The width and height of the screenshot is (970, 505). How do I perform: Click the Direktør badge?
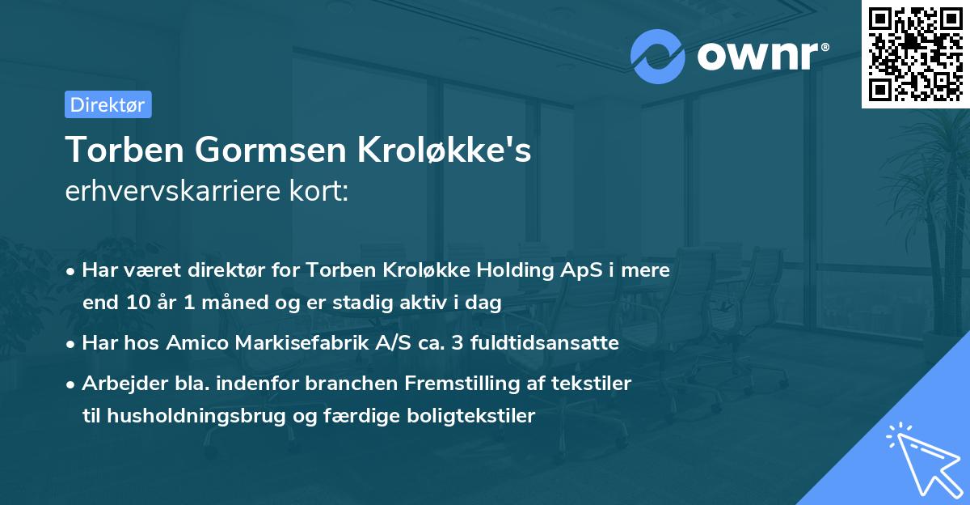(108, 104)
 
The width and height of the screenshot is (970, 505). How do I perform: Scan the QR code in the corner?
(915, 53)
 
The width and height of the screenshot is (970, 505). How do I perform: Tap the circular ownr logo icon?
(657, 56)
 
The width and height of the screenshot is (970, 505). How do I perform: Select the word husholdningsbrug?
(184, 416)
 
